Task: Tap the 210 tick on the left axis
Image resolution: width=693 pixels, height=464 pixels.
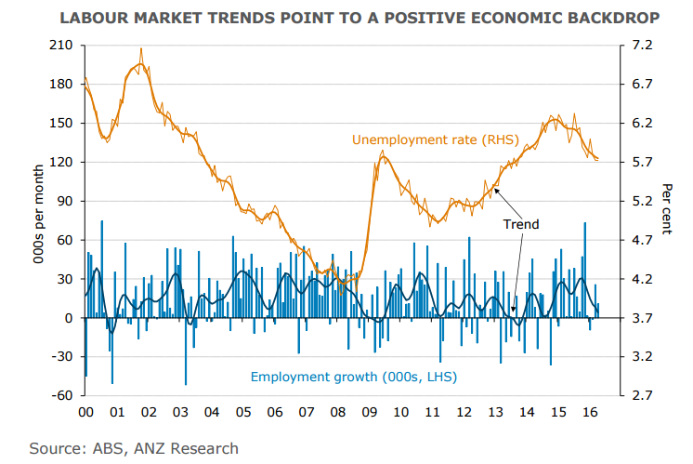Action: click(x=60, y=45)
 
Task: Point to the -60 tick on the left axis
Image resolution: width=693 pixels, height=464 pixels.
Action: click(x=60, y=395)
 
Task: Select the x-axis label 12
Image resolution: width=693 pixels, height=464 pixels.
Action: click(x=464, y=412)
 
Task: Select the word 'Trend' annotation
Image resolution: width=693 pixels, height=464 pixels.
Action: click(x=520, y=224)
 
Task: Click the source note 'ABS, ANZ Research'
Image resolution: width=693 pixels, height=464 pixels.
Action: click(x=134, y=448)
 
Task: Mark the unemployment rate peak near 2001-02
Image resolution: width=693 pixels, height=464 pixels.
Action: click(x=141, y=50)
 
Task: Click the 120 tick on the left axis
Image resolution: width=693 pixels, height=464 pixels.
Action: click(x=60, y=162)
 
